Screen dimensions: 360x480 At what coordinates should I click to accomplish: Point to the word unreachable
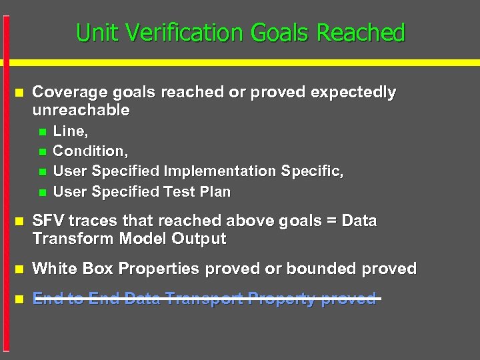81,110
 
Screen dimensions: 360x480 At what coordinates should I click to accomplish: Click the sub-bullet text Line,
70,131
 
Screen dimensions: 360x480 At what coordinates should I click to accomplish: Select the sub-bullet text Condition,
90,151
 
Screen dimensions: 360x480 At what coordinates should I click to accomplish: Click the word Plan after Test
217,192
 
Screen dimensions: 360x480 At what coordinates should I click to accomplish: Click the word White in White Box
55,269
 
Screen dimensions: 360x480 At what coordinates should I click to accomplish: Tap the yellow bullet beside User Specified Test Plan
43,193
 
